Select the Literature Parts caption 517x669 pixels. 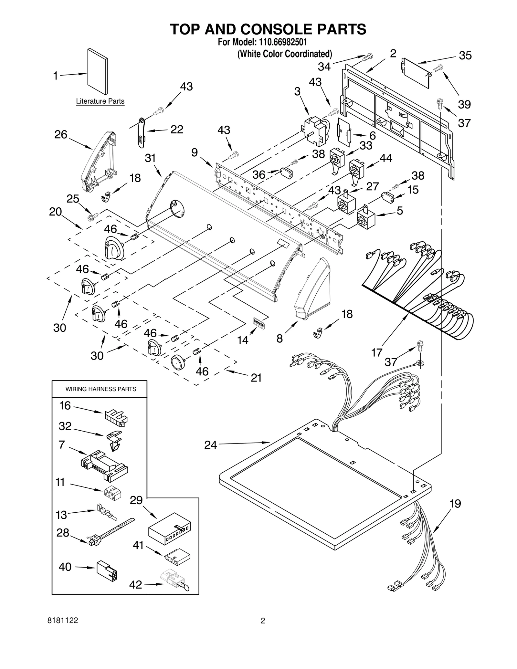100,101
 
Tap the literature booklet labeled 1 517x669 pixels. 97,73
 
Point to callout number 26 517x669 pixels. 61,134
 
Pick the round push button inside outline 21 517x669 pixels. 178,362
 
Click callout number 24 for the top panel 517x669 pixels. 211,445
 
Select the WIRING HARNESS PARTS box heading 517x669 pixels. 101,389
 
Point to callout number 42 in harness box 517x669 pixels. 136,585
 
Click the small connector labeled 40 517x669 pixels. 107,570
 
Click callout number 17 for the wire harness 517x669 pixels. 377,352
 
